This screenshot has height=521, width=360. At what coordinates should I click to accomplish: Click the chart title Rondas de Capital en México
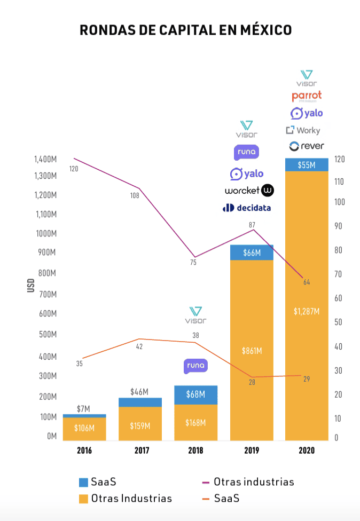pos(185,30)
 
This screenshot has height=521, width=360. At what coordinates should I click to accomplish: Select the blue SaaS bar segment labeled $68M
pos(196,394)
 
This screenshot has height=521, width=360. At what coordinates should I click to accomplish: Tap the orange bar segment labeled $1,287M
pos(306,311)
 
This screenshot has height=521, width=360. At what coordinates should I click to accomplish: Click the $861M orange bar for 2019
pos(251,351)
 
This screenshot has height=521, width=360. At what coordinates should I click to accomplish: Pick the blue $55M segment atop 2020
pos(306,165)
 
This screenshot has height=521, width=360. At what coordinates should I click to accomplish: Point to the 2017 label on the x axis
pos(140,451)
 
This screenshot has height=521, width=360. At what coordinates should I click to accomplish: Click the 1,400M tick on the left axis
pos(45,159)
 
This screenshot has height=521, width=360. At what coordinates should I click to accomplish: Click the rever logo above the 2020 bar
pos(306,146)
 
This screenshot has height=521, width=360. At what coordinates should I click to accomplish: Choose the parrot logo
pos(307,96)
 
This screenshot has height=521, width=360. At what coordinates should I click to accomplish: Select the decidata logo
pos(247,208)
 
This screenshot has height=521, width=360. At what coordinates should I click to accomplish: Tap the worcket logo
pos(249,191)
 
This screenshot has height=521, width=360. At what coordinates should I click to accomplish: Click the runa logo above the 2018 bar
pos(195,366)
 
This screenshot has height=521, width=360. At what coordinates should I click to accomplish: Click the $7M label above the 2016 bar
pos(83,409)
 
